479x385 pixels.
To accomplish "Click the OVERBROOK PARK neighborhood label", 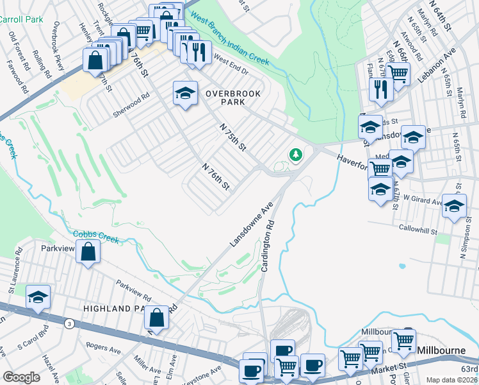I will [x=233, y=98].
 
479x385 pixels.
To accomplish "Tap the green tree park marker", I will [x=295, y=155].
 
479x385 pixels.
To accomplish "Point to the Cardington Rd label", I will [x=269, y=247].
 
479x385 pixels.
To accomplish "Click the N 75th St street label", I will [x=233, y=138].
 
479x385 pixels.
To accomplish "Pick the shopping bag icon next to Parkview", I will [x=88, y=252].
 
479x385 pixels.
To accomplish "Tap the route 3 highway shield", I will [x=69, y=324].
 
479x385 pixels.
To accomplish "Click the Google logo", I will [x=21, y=377].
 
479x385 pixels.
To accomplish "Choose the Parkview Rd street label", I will [x=133, y=290].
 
